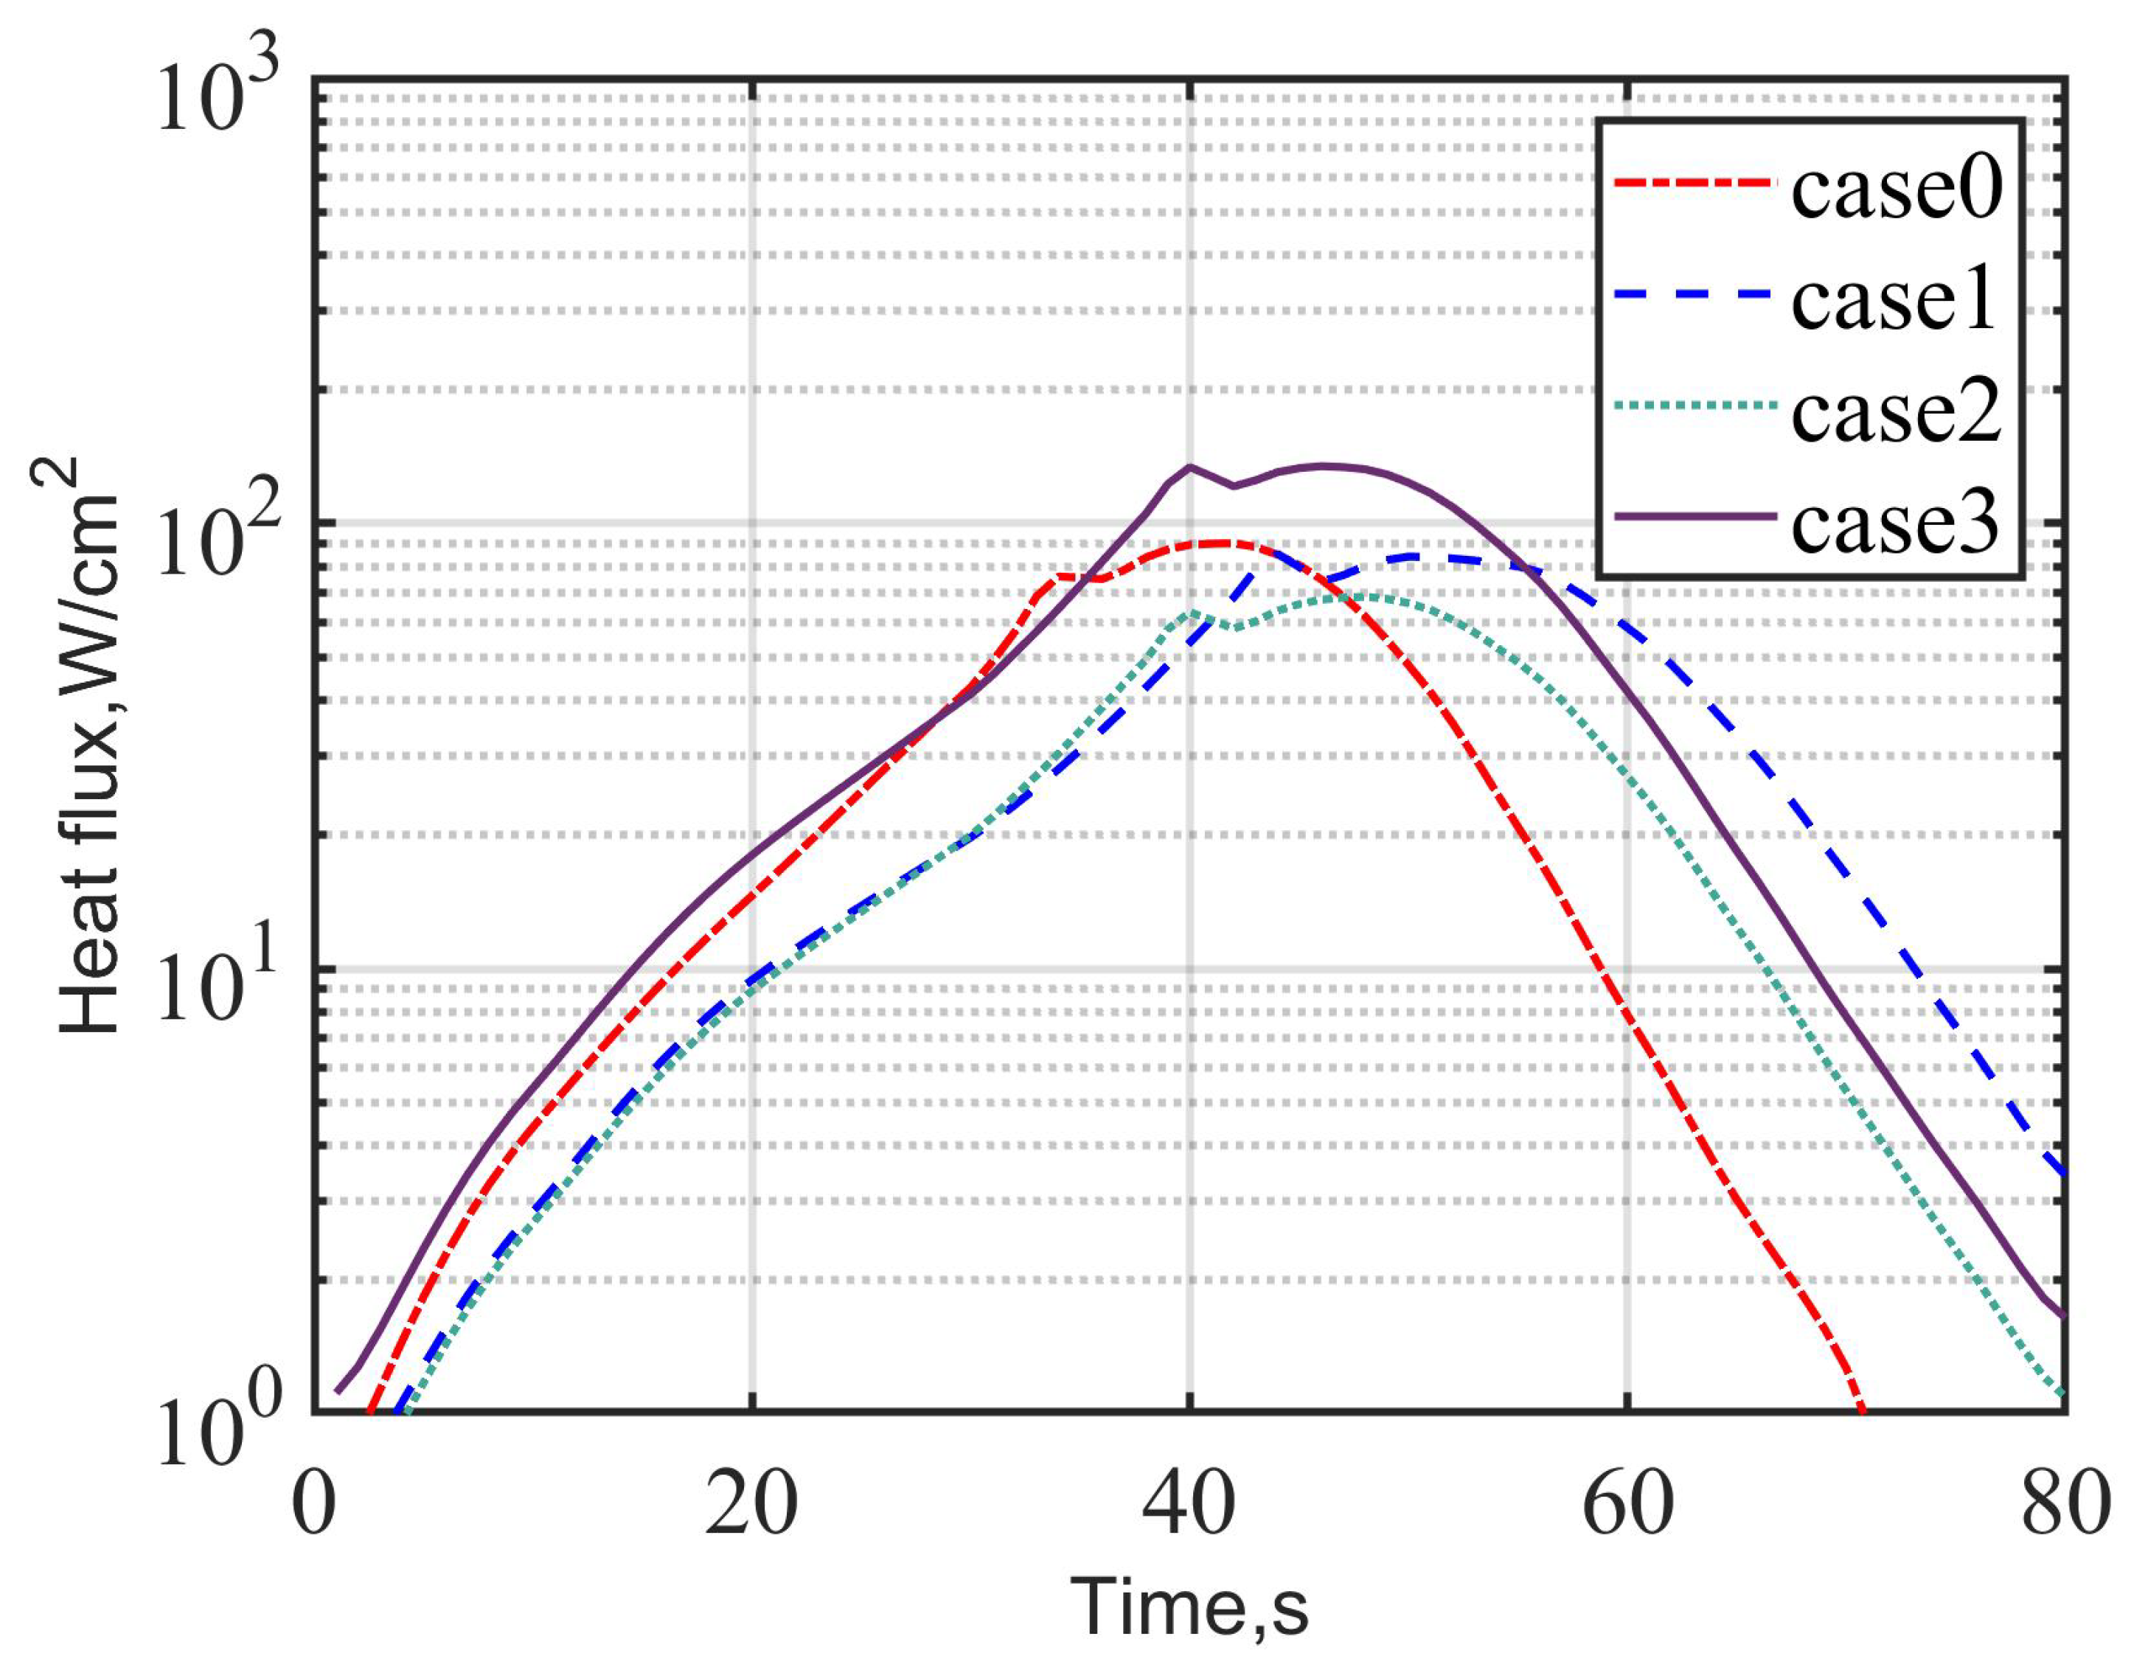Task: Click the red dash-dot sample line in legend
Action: click(1692, 183)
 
